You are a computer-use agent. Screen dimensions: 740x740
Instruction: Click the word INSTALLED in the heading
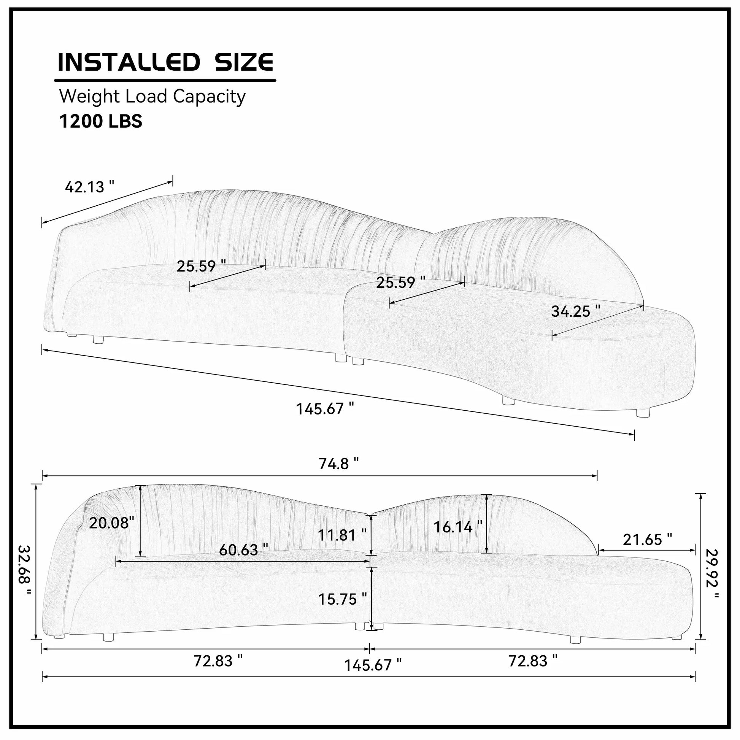point(129,62)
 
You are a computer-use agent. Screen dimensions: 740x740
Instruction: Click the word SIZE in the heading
point(244,62)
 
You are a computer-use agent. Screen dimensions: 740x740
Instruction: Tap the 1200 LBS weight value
point(101,121)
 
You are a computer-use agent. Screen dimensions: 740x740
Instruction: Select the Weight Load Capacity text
point(152,97)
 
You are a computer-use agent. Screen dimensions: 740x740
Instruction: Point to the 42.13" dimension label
point(90,187)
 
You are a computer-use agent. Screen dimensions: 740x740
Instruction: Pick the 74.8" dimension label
point(338,464)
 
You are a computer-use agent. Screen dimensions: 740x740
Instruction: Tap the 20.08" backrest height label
point(111,522)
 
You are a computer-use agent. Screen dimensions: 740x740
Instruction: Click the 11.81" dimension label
point(342,535)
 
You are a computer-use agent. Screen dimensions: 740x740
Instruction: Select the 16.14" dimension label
point(458,527)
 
